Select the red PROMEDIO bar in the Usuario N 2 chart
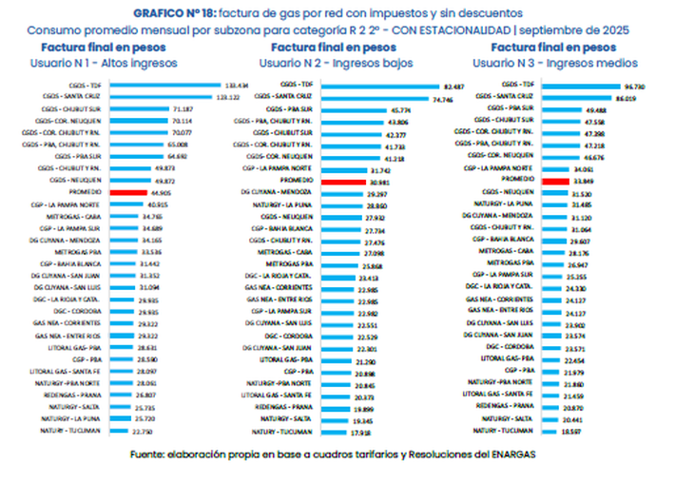click(341, 182)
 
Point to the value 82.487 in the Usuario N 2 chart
click(454, 87)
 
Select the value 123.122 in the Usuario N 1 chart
click(227, 97)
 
